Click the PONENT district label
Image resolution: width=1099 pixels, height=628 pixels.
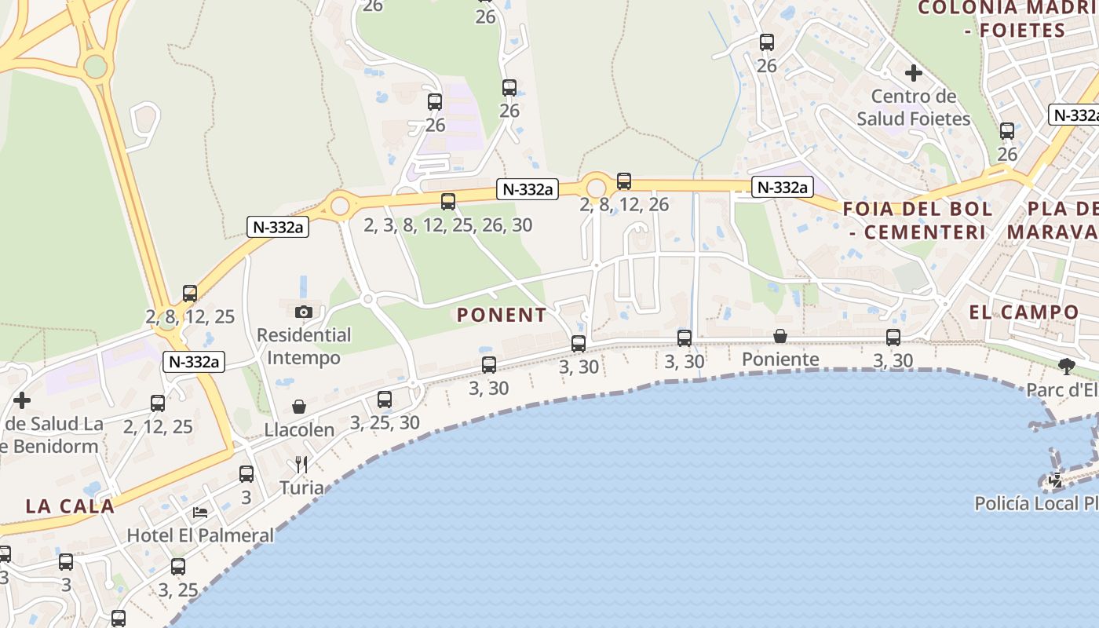[502, 315]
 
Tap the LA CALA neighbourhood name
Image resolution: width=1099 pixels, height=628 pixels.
[70, 506]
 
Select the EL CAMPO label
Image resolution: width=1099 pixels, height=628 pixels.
[1024, 312]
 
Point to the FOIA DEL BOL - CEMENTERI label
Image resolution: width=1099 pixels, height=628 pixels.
[918, 221]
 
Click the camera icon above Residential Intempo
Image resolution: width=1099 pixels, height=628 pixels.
[304, 312]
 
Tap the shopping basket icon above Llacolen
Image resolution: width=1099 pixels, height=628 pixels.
[299, 407]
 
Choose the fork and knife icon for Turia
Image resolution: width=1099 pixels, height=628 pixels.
[301, 465]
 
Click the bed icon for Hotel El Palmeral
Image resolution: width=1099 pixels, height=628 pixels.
[200, 513]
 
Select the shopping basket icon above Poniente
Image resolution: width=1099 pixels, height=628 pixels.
[780, 336]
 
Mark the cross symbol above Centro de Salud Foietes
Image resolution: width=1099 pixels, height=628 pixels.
[914, 73]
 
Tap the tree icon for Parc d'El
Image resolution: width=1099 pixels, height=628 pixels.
[1066, 366]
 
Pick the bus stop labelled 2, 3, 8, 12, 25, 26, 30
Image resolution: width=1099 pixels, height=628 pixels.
[448, 202]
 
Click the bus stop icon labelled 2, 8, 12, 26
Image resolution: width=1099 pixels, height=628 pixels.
[624, 181]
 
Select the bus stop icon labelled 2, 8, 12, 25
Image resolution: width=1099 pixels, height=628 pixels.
[190, 294]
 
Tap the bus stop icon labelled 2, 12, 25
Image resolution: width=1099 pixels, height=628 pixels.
[158, 403]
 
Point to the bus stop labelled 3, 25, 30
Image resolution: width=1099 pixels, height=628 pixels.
[385, 400]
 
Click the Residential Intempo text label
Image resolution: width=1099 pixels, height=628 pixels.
[304, 346]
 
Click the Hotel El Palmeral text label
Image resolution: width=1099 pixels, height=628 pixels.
[201, 535]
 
